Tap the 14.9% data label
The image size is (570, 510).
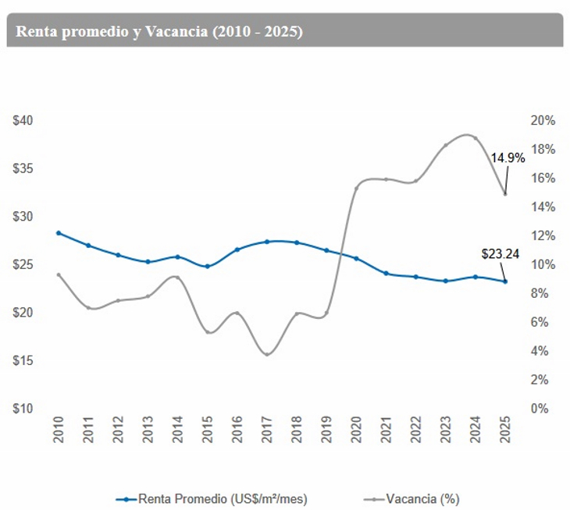[x=508, y=157]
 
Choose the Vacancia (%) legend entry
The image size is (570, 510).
[x=416, y=498]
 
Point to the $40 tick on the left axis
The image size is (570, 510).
[x=23, y=121]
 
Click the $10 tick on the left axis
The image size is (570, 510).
[x=23, y=409]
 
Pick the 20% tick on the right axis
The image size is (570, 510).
[x=542, y=121]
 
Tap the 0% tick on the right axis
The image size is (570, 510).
[x=542, y=409]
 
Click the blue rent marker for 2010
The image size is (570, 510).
[x=59, y=233]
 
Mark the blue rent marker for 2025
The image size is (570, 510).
[x=505, y=282]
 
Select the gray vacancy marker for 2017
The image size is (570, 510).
[x=267, y=355]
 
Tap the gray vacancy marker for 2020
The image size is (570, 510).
[x=356, y=188]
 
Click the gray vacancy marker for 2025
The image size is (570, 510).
[x=505, y=194]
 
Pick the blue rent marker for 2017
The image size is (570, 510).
[x=267, y=242]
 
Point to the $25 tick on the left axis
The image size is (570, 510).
[x=23, y=264]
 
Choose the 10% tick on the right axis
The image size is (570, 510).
[x=542, y=264]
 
